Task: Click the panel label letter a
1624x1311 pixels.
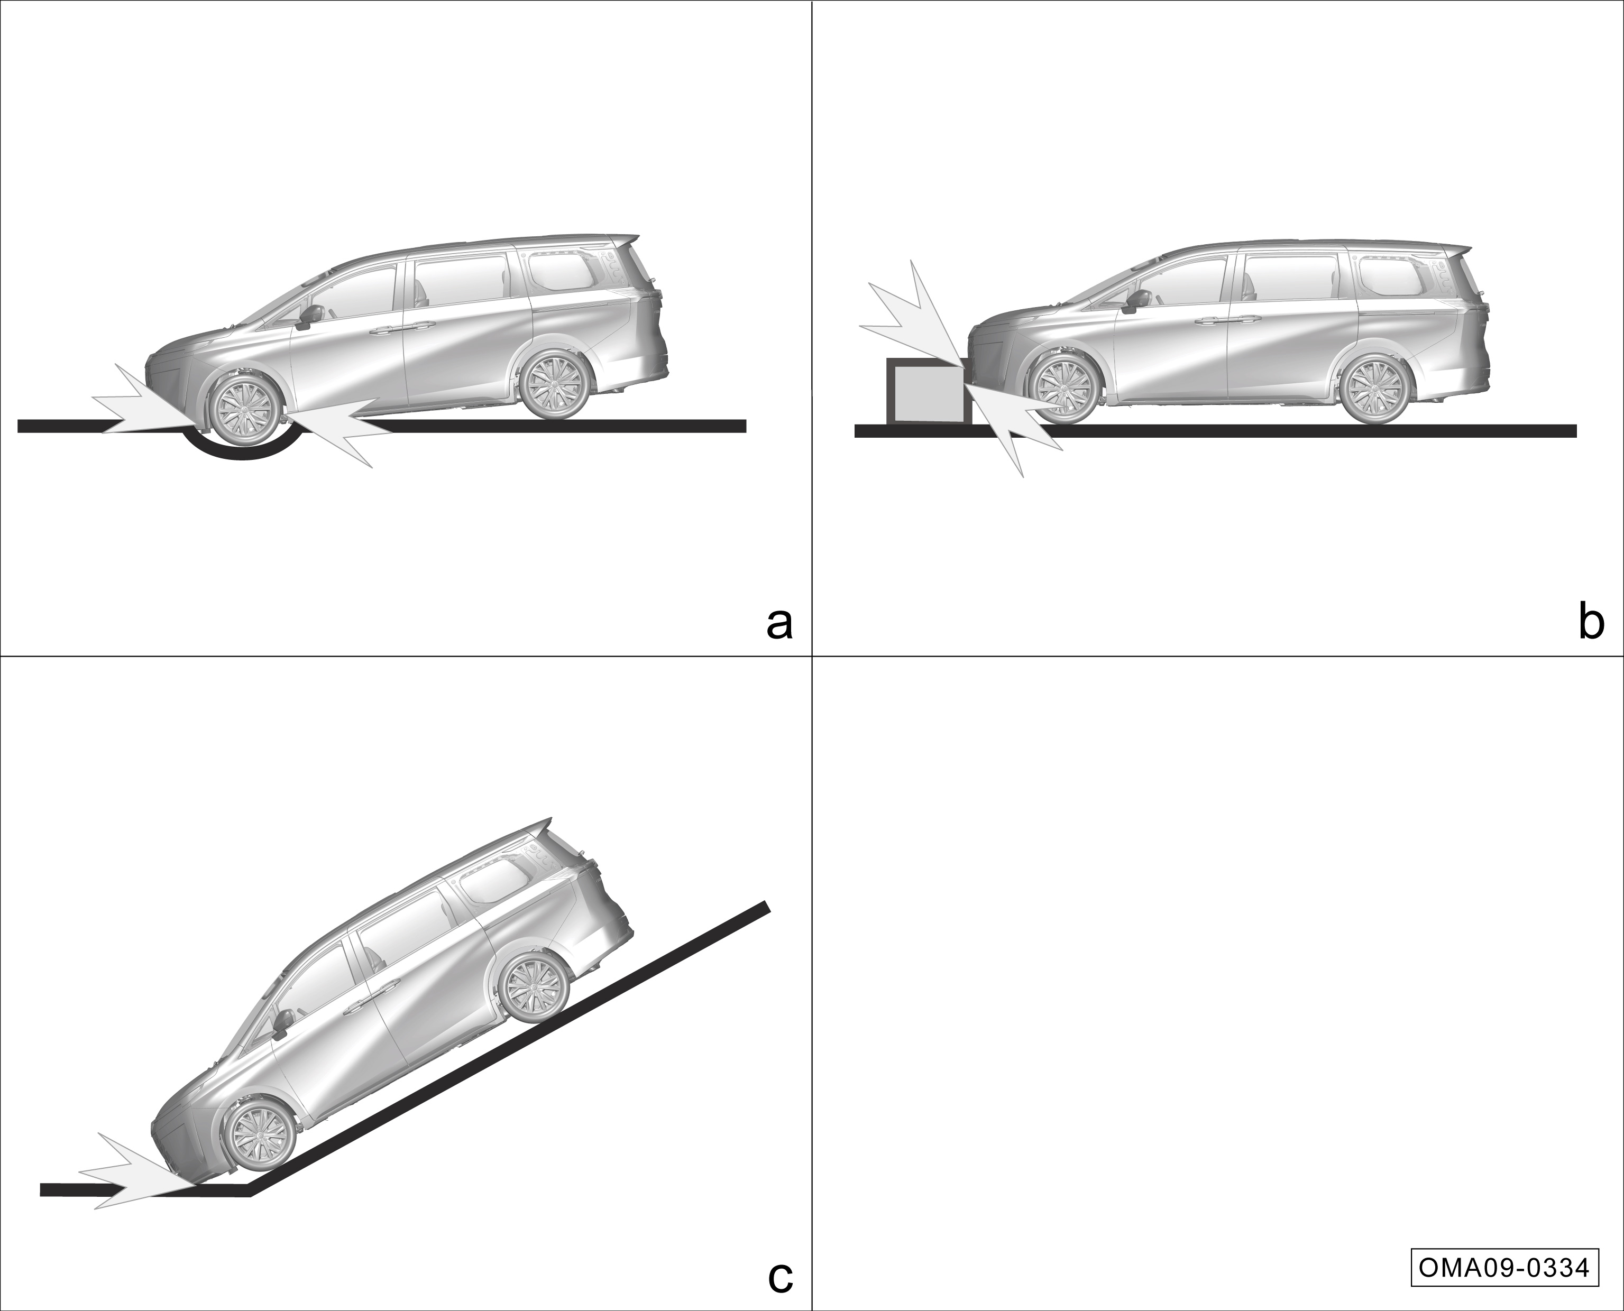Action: tap(779, 624)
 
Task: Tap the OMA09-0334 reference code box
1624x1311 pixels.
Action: tap(1504, 1267)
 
